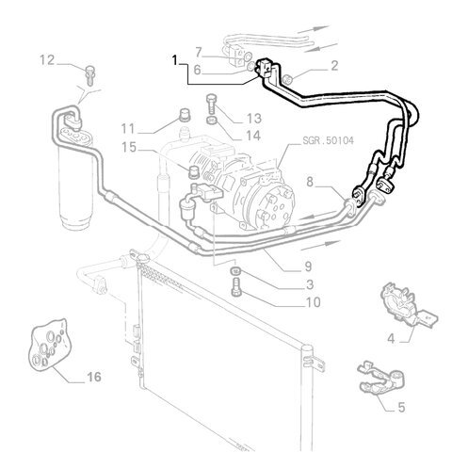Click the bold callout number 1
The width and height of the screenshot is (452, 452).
coord(175,60)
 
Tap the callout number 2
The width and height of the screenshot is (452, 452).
coord(334,66)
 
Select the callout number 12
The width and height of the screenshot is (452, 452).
coord(47,60)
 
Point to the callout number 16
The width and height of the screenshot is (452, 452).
coord(93,377)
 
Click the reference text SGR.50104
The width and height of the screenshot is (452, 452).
coord(328,140)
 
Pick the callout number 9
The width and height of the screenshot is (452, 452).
coord(308,266)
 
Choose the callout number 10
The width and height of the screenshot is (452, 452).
coord(313,302)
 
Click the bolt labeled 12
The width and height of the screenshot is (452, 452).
coord(90,75)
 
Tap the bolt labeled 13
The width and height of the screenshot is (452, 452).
coord(211,105)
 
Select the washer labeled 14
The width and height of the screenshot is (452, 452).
coord(212,120)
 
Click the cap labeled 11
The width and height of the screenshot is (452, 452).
coord(185,115)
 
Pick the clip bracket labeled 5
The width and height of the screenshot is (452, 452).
coord(381,378)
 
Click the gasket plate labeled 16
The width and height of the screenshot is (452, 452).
coord(50,343)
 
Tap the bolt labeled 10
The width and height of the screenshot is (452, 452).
coord(236,287)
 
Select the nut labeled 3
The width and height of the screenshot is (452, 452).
coord(235,270)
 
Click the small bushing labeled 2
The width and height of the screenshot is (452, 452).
coord(287,80)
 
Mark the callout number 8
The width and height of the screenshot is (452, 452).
coord(310,182)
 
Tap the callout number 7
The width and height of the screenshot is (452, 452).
coord(198,52)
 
